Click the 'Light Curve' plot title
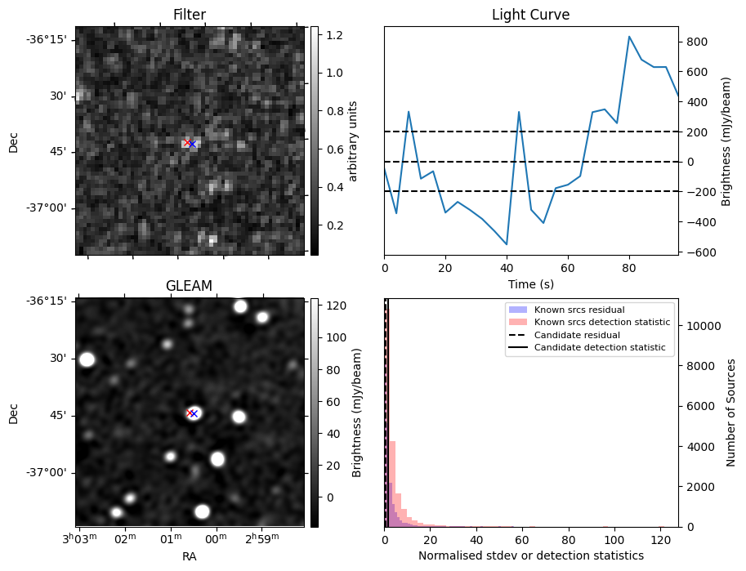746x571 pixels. pos(530,16)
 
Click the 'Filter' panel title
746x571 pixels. pos(190,16)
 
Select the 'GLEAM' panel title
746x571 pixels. pos(190,286)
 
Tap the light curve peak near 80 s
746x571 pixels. pos(629,37)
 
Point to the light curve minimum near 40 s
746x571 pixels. pos(507,244)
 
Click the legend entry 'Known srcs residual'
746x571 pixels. pos(578,310)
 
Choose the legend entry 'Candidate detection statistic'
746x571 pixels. pos(599,348)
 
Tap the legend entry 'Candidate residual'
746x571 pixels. pos(577,336)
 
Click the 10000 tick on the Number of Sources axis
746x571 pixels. pos(703,326)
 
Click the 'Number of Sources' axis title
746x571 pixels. pos(732,413)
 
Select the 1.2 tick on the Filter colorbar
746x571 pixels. pos(334,35)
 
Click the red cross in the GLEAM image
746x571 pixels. pos(189,413)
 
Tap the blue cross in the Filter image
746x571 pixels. pos(193,144)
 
